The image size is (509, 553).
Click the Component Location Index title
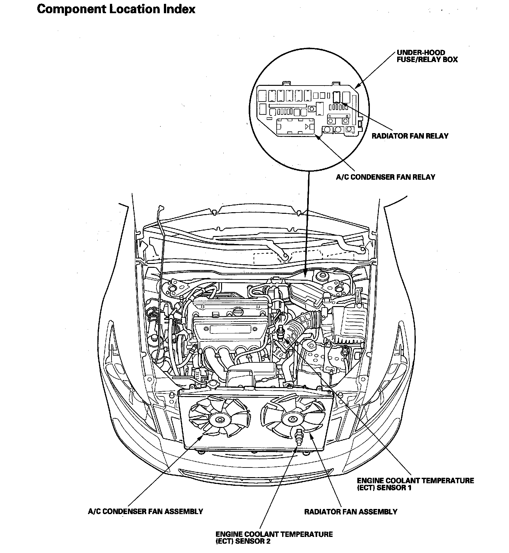[x=116, y=9]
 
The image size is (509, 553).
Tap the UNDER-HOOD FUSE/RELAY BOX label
[x=427, y=56]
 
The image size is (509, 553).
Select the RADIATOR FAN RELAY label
[x=410, y=136]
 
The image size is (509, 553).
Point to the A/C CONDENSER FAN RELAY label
[x=385, y=177]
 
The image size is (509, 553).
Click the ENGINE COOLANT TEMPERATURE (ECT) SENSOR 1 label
[x=415, y=484]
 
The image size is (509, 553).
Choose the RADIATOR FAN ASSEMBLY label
[x=351, y=512]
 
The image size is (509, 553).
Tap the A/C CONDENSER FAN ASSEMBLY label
[x=145, y=511]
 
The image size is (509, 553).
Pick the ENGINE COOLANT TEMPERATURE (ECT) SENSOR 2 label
[x=274, y=538]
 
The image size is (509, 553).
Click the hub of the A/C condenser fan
[x=220, y=419]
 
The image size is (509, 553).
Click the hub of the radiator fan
[x=292, y=419]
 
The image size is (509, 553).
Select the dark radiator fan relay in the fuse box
[x=336, y=96]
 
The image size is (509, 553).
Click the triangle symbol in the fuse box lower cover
[x=308, y=126]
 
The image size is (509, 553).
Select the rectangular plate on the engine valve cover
[x=230, y=329]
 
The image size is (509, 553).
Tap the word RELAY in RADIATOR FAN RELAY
[x=437, y=136]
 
